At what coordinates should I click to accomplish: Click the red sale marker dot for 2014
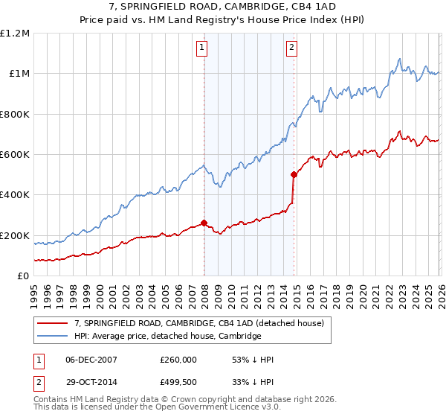294,175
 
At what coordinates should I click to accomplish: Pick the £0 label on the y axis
24,276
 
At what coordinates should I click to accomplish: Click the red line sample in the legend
52,324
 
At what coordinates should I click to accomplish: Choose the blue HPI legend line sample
52,337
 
